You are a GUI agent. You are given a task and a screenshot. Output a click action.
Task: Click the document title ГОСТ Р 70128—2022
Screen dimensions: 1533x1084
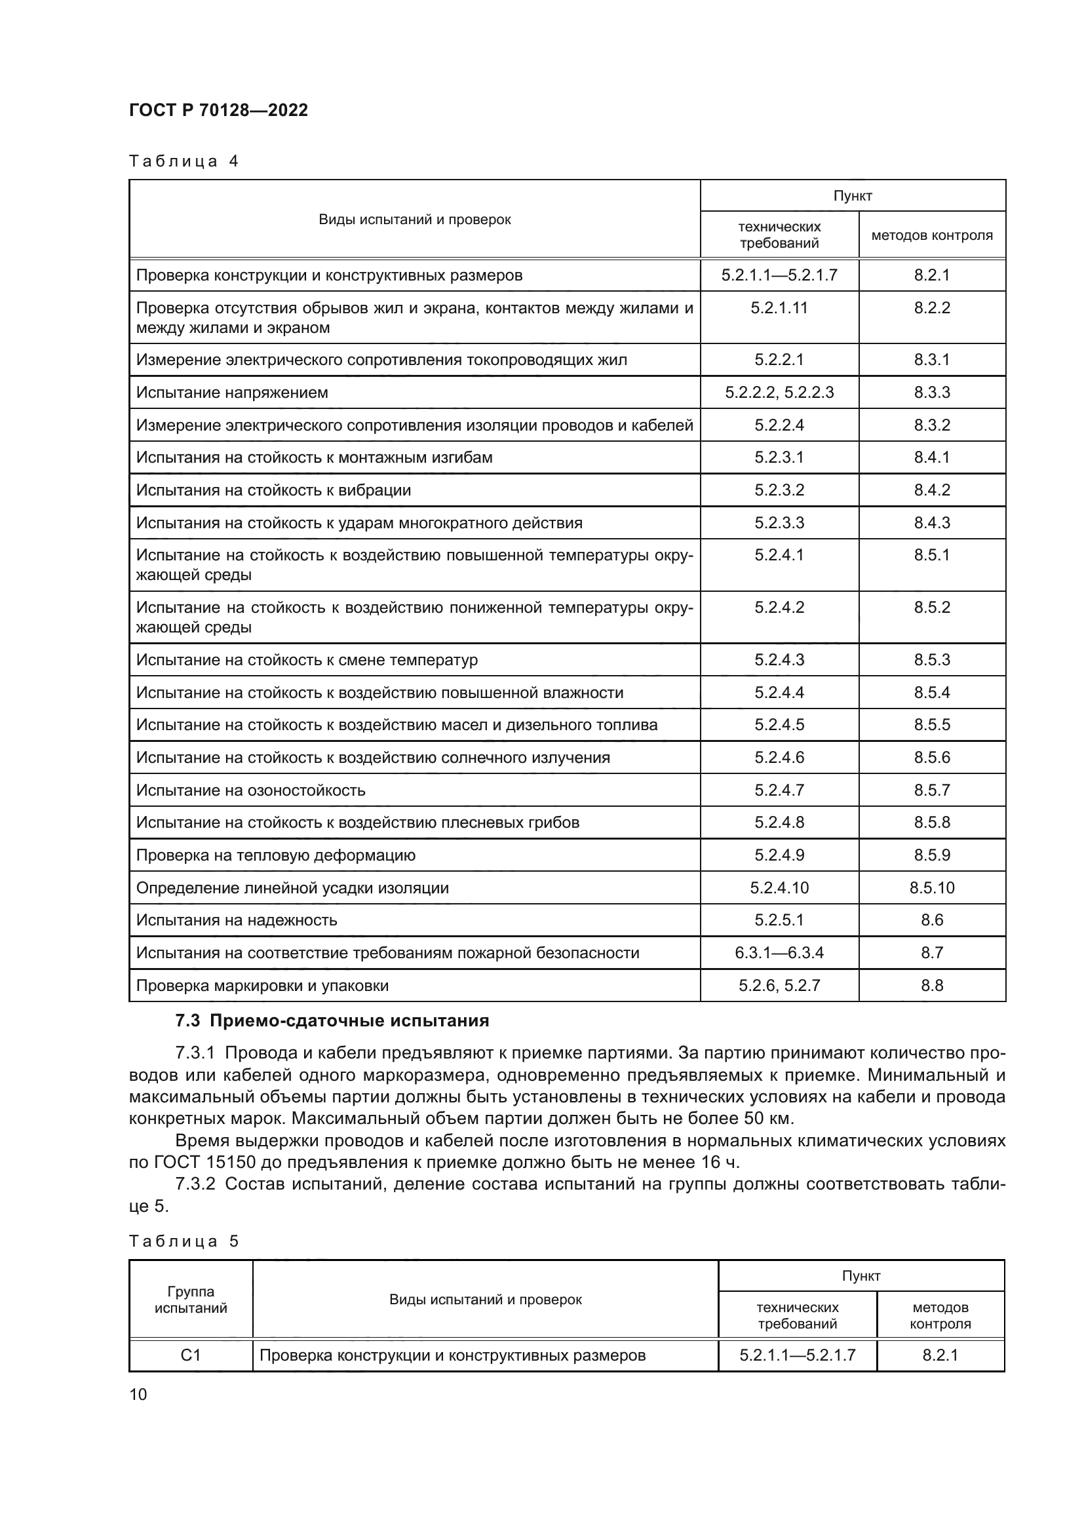point(218,110)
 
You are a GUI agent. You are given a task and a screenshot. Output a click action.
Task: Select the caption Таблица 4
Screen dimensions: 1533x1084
point(184,161)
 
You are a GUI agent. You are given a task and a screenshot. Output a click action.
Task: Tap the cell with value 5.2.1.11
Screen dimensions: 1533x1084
point(779,308)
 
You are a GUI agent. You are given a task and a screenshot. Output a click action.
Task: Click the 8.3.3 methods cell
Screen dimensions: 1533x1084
point(932,392)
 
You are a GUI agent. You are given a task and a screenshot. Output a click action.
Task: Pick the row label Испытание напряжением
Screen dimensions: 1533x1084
point(232,392)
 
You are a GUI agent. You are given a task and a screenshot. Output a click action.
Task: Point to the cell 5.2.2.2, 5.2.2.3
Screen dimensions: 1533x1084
point(779,392)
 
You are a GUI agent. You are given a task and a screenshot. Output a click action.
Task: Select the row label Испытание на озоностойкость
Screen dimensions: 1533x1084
point(251,790)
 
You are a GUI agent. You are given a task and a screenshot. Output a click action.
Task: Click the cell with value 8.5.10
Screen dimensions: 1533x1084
point(932,887)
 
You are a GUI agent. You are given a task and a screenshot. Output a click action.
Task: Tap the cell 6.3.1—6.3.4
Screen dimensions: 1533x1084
point(779,953)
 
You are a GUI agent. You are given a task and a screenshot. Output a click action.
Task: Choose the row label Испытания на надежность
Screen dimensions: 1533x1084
point(237,920)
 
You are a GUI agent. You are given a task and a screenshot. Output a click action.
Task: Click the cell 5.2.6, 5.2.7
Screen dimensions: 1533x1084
point(779,986)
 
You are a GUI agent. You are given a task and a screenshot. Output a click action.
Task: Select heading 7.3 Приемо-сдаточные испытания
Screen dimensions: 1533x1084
point(332,1021)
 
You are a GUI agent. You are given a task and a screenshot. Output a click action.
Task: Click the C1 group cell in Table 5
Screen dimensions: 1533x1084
point(191,1355)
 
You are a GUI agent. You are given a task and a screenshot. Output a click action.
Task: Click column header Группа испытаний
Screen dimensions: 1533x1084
point(191,1299)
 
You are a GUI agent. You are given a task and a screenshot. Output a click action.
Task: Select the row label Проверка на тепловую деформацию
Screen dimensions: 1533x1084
point(276,855)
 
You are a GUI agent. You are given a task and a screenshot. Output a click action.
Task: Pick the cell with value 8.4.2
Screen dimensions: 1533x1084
point(932,490)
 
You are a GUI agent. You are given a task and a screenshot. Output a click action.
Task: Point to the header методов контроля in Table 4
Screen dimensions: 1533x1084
point(932,235)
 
